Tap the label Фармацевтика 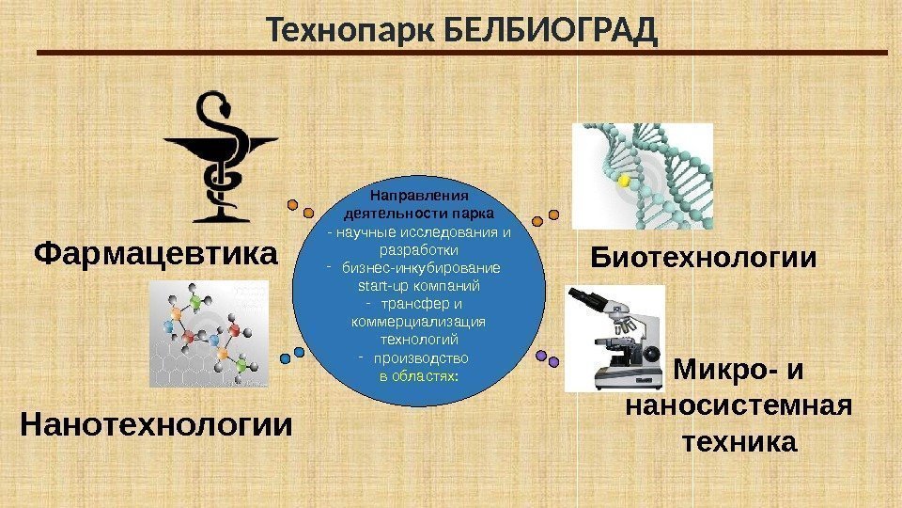[x=157, y=254]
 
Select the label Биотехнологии [x=703, y=258]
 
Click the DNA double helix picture [x=643, y=176]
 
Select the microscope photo [x=615, y=339]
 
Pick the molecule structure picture [x=209, y=337]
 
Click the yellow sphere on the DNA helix [x=621, y=179]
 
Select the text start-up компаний [x=419, y=285]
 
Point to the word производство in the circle [x=420, y=358]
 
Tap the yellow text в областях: [x=419, y=375]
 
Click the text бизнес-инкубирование [x=420, y=268]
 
